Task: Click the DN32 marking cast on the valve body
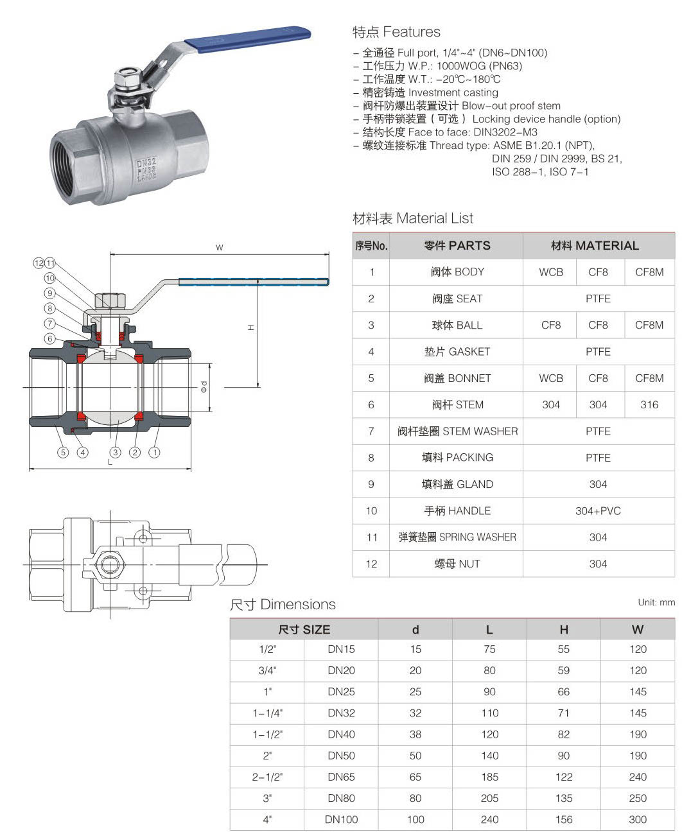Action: click(x=146, y=162)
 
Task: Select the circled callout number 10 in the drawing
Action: click(x=49, y=278)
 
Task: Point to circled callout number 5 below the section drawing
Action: click(x=63, y=452)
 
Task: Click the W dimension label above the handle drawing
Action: click(x=220, y=248)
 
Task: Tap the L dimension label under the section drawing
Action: click(x=110, y=462)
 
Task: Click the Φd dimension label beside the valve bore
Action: click(x=204, y=387)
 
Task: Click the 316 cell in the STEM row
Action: click(x=649, y=404)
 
